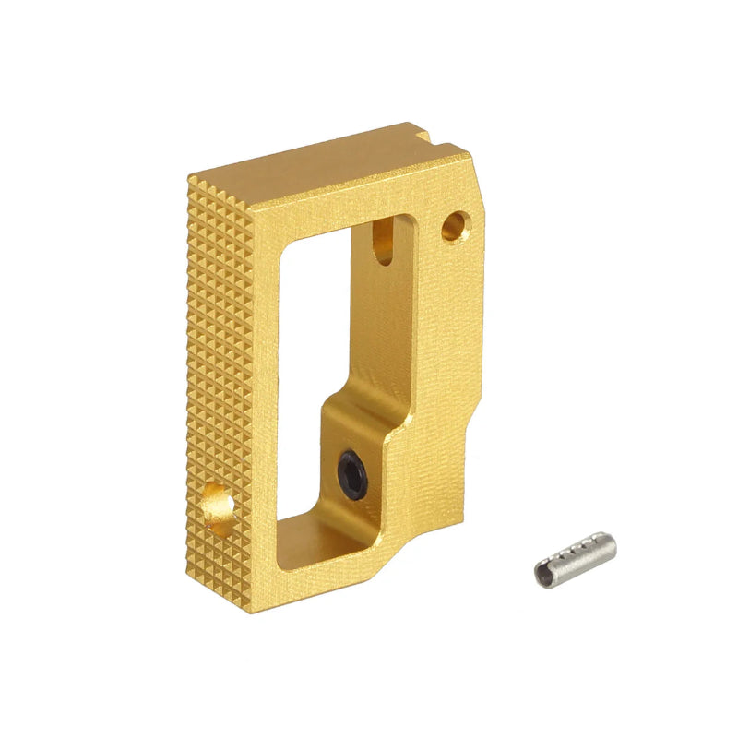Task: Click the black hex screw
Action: pos(352,471)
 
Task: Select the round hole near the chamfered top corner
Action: pos(455,224)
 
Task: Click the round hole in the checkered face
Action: pos(218,506)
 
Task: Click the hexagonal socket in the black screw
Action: pos(352,471)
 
